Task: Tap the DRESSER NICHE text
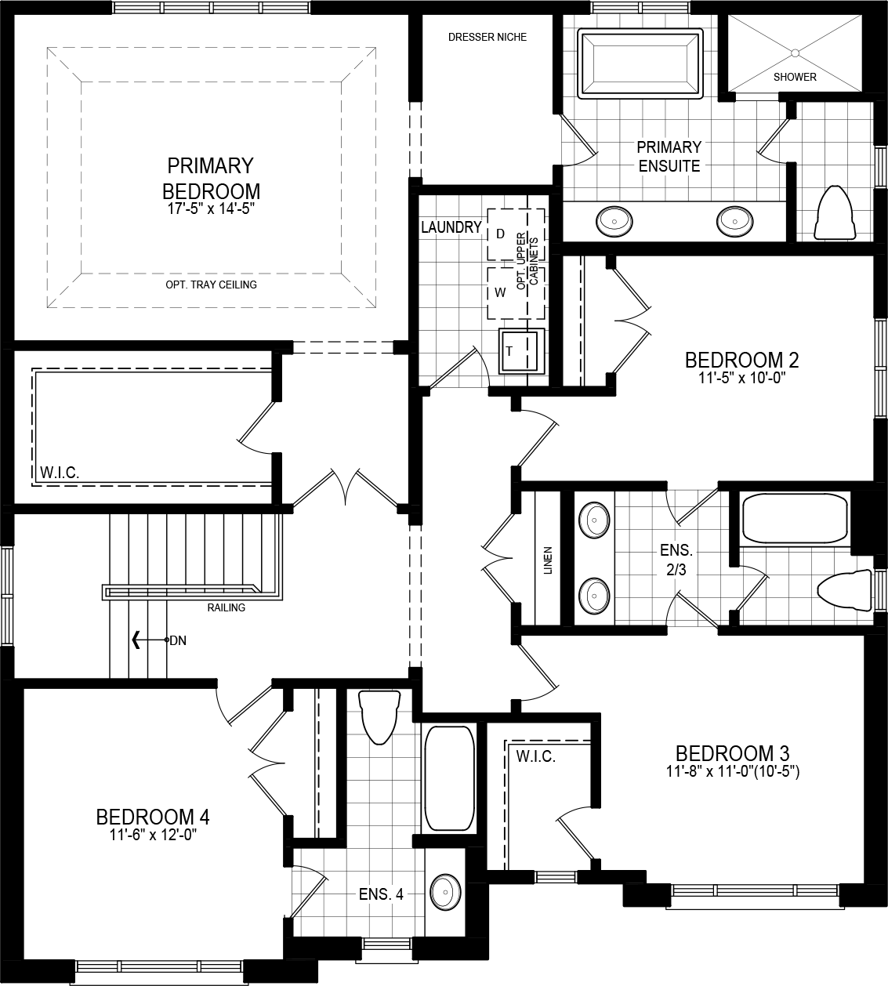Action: click(x=487, y=37)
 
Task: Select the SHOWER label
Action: click(x=795, y=77)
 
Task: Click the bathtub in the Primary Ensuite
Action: click(x=640, y=63)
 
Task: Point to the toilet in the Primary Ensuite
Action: click(x=834, y=214)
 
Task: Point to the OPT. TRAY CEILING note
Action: click(x=211, y=285)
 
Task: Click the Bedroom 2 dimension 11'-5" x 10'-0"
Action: click(x=741, y=377)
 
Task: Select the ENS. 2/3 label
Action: click(x=676, y=560)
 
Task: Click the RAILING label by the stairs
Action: click(x=226, y=607)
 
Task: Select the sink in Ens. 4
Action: click(x=444, y=892)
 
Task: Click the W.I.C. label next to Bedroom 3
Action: click(x=535, y=756)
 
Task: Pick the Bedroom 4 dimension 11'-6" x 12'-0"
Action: click(x=152, y=835)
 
